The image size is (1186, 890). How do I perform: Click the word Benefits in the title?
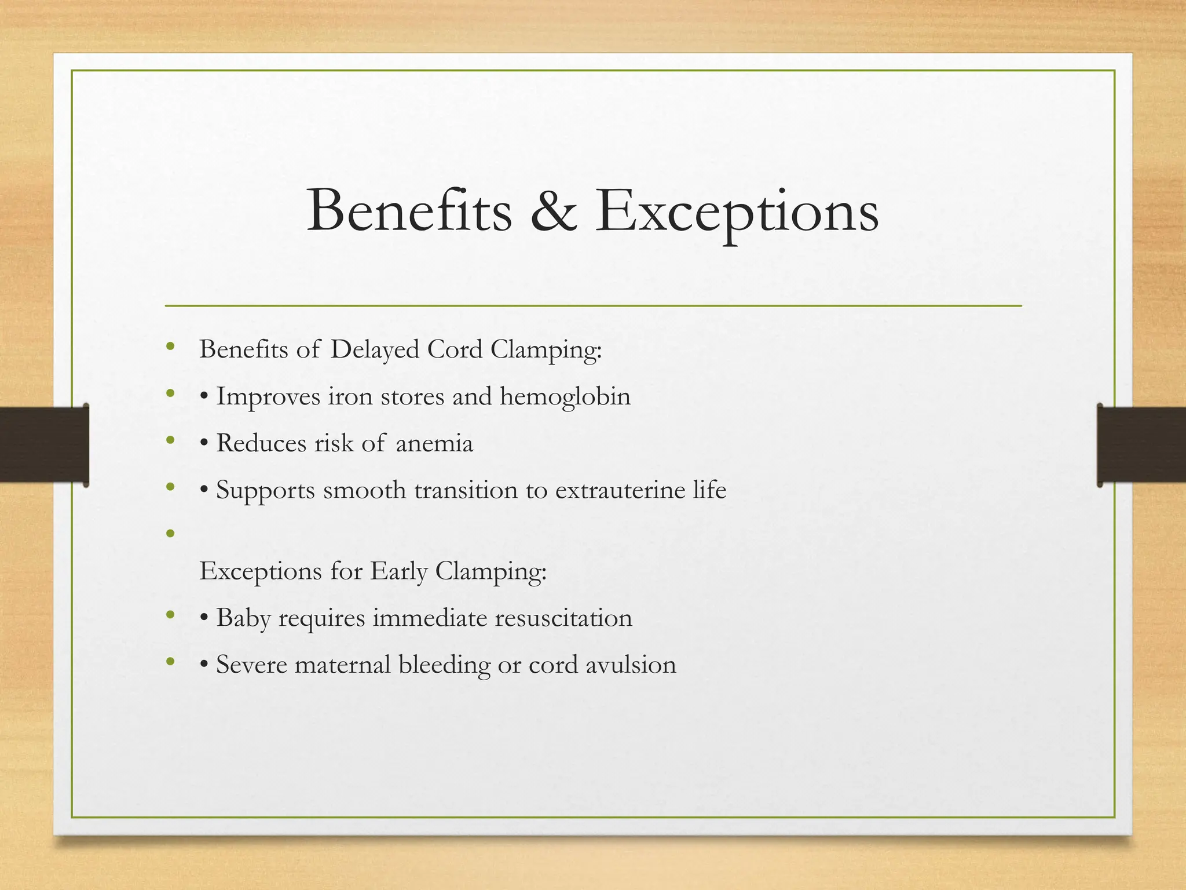pos(409,211)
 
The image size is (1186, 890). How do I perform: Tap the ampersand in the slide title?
pos(554,212)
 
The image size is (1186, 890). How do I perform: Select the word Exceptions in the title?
pos(737,212)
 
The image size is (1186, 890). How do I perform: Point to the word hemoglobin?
pos(565,396)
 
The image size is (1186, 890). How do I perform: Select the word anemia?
pos(434,444)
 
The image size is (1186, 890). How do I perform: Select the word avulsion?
pos(631,665)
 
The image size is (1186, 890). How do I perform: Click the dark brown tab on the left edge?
pos(44,444)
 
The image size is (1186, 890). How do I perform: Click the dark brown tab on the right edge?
pos(1141,444)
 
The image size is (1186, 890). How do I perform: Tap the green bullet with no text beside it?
pos(170,533)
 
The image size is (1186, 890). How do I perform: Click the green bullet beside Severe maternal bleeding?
pos(170,661)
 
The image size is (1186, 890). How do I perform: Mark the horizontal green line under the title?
pos(593,305)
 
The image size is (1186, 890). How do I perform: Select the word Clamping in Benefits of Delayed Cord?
pos(546,350)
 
